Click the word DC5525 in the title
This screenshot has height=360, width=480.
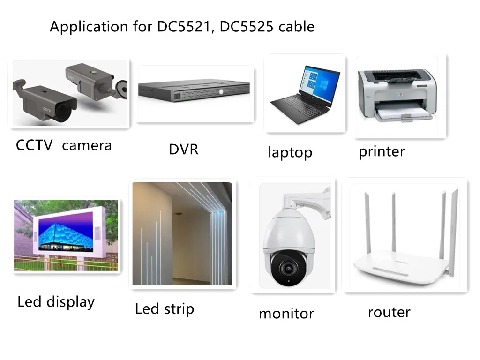(247, 27)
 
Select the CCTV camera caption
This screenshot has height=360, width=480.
(64, 145)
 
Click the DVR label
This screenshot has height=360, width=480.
(183, 150)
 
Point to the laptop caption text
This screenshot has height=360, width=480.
(290, 152)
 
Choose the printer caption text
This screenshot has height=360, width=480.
(381, 151)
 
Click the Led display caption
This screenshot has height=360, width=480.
(56, 301)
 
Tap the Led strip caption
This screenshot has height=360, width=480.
(164, 309)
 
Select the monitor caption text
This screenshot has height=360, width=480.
(286, 313)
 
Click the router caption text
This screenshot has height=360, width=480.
(389, 312)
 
